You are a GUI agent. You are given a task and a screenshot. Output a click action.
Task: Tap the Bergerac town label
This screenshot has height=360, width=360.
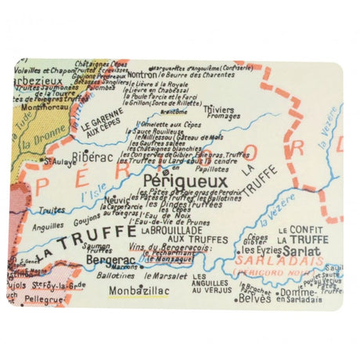pyautogui.click(x=106, y=257)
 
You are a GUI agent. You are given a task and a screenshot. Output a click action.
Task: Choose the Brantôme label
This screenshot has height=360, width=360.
pyautogui.click(x=173, y=112)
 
